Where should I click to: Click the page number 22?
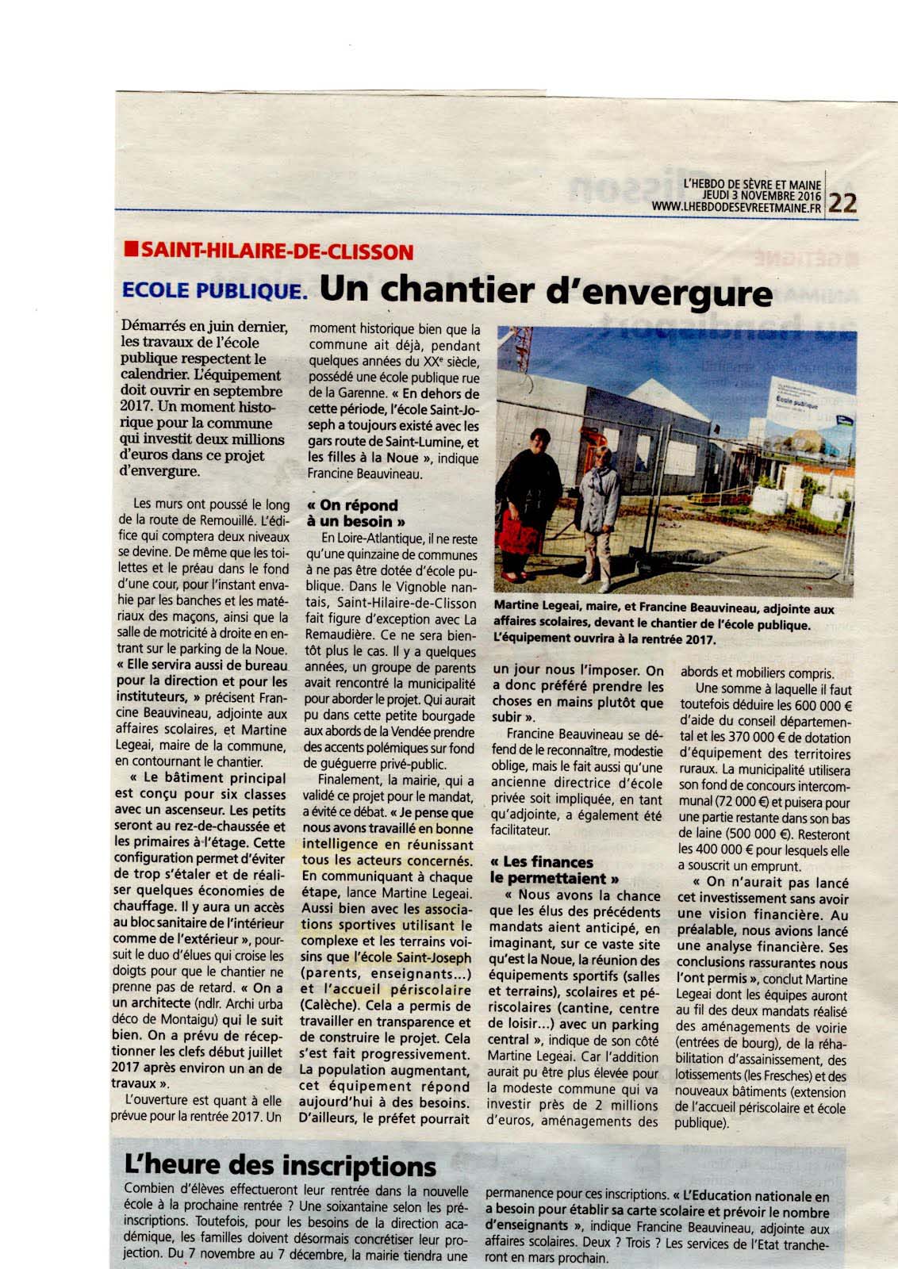(842, 203)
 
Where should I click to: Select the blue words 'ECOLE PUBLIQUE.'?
(214, 291)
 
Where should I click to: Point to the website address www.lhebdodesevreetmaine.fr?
(736, 207)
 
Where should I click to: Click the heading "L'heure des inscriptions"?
(281, 1165)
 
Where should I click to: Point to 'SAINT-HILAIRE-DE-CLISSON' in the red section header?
(278, 252)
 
